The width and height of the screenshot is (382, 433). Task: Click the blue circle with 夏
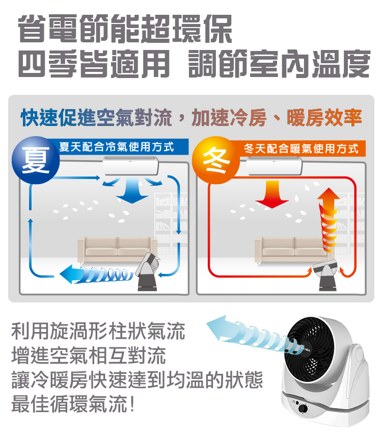click(36, 160)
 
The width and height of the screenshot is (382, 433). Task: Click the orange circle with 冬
click(216, 160)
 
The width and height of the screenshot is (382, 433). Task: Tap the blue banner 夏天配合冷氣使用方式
click(123, 147)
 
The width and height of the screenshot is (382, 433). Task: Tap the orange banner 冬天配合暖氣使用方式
click(301, 148)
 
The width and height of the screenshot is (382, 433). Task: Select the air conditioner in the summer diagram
click(130, 166)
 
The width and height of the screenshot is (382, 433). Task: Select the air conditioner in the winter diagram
click(274, 166)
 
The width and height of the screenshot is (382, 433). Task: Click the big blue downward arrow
click(132, 190)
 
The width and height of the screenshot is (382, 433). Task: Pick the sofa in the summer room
click(117, 250)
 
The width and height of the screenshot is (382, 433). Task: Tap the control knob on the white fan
click(303, 409)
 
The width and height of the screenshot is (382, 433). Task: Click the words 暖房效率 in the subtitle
click(324, 118)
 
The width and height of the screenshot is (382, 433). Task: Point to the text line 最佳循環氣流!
click(73, 404)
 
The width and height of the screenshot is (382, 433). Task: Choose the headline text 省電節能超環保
click(125, 29)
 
